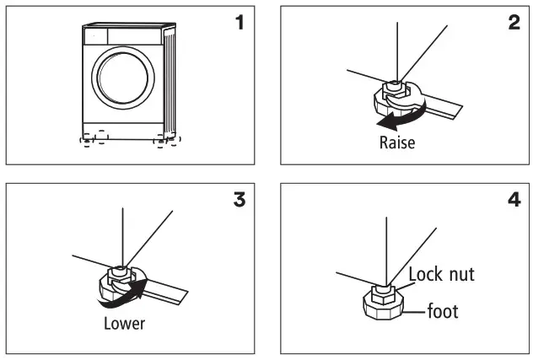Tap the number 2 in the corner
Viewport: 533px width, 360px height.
pos(514,23)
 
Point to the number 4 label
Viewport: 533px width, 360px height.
pos(514,201)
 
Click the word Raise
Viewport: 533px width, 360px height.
pos(396,142)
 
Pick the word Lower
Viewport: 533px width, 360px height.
pos(124,323)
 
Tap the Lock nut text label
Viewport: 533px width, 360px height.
pos(441,274)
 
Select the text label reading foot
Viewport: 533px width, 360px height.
pos(443,312)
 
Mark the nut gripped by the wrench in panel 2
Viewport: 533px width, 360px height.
pos(392,88)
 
